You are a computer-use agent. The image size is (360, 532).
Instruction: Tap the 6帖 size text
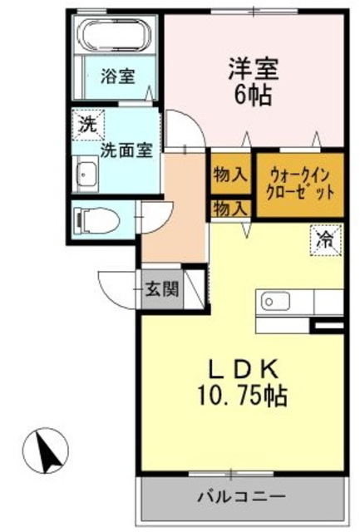tap(253, 95)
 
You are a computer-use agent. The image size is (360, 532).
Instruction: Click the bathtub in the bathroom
tap(115, 36)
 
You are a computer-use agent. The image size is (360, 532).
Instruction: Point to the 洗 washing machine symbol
tap(86, 126)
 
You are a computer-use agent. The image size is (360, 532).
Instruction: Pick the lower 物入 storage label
tap(229, 209)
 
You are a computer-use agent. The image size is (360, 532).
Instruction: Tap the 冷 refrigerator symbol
tap(325, 240)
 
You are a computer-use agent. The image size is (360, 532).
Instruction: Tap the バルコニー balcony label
tap(241, 496)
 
